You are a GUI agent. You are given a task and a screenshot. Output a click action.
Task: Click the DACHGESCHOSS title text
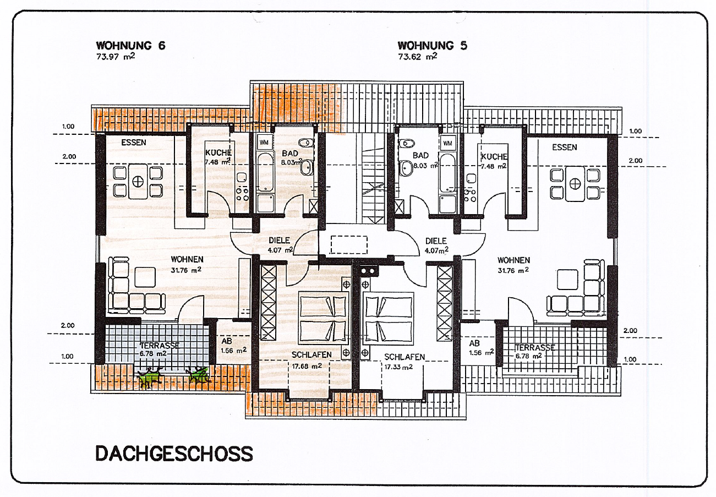[x=174, y=454]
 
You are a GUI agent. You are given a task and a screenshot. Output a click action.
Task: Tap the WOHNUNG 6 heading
[x=131, y=46]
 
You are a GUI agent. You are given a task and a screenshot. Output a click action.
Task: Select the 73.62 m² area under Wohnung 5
[x=418, y=57]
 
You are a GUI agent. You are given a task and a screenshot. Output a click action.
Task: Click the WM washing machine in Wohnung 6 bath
[x=264, y=142]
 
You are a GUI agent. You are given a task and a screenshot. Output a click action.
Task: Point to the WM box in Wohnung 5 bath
[x=447, y=143]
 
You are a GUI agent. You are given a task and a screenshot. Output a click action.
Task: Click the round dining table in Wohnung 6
[x=138, y=181]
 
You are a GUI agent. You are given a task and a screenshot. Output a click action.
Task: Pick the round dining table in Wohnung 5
[x=575, y=183]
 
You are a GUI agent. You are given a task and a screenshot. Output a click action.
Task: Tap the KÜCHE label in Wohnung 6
[x=218, y=152]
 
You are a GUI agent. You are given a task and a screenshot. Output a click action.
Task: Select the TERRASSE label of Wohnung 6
[x=160, y=346]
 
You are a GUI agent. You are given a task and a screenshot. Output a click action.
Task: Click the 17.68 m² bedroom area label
[x=307, y=366]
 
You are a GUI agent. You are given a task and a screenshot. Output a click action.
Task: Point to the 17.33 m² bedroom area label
[x=398, y=367]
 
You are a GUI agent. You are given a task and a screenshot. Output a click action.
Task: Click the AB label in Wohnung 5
[x=474, y=343]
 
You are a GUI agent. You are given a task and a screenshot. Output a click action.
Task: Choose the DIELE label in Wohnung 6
[x=279, y=241]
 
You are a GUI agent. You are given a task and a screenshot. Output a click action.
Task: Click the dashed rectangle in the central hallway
[x=349, y=244]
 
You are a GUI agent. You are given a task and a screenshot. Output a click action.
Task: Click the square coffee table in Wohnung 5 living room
[x=567, y=280]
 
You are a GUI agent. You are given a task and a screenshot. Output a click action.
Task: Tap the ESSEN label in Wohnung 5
[x=565, y=148]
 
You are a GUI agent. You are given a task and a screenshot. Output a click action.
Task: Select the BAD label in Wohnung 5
[x=420, y=156]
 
